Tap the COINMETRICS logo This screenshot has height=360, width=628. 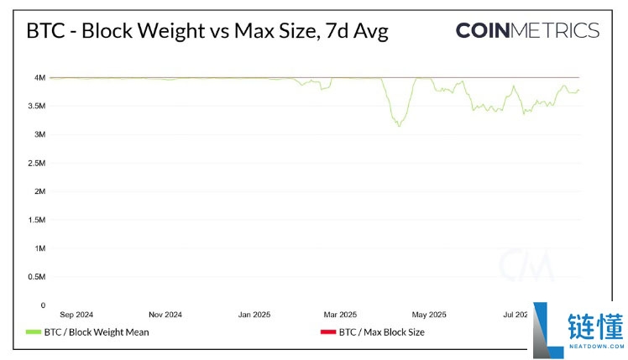pos(527,31)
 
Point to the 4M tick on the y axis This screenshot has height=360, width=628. pos(39,77)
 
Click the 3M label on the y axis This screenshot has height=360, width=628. pos(39,134)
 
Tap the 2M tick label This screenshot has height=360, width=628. pos(39,191)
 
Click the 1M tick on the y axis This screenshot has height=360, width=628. pos(39,248)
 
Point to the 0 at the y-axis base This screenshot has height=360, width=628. pos(42,305)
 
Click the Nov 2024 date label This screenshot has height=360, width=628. pos(165,316)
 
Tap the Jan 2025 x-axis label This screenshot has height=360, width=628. pos(254,316)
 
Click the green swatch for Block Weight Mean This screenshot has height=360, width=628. pos(34,332)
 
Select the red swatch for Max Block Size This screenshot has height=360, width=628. pos(327,332)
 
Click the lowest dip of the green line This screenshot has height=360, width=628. pos(399,126)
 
